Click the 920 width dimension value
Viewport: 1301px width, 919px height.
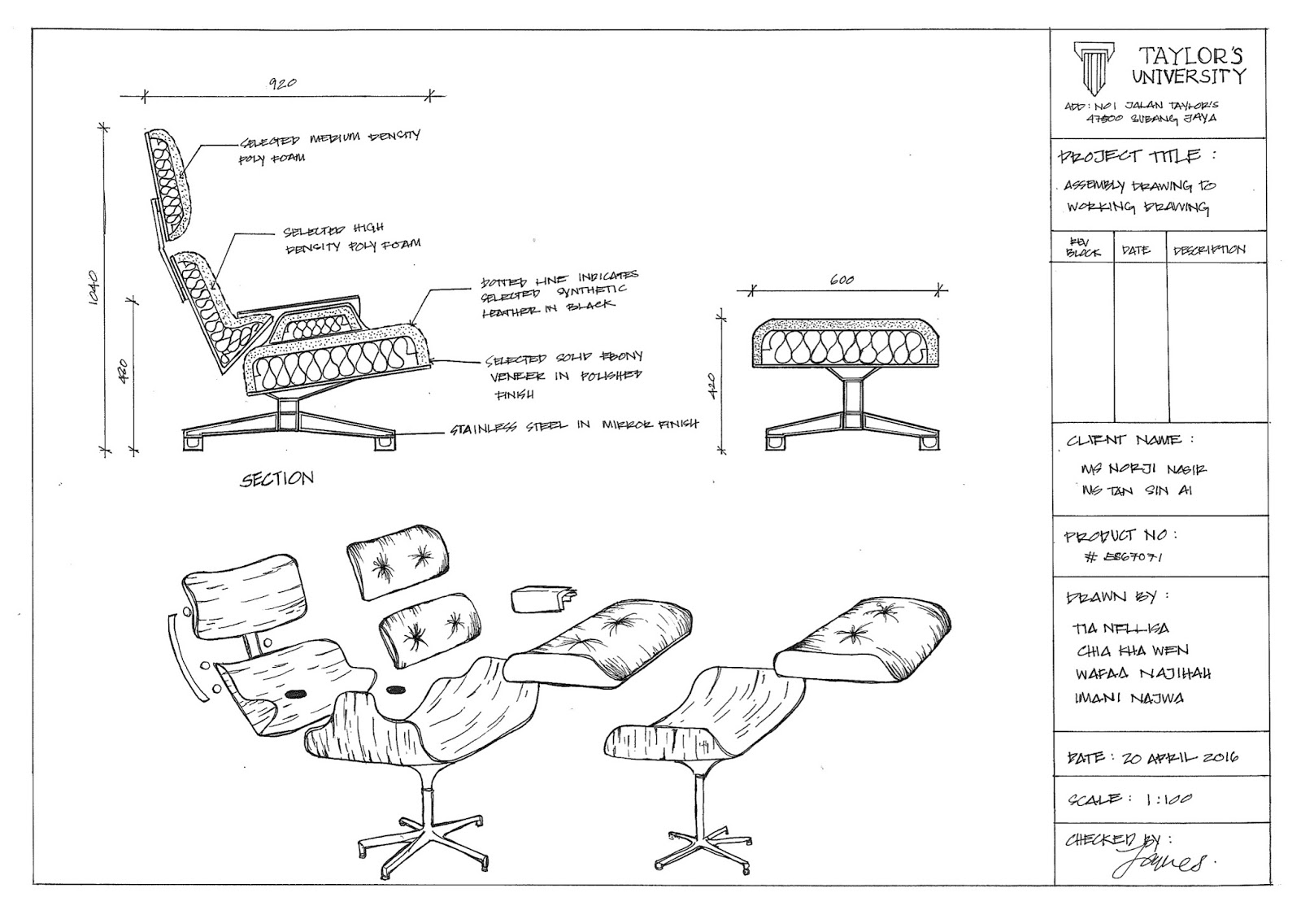282,83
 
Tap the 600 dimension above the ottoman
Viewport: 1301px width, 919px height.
842,280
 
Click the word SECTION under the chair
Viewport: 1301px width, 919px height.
276,479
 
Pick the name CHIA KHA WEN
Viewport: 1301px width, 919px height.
1132,651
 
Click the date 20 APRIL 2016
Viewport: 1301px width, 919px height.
1178,758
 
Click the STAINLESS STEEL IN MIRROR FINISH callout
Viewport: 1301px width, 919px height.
573,426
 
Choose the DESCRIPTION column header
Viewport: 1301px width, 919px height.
1208,250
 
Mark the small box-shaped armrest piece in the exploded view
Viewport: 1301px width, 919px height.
540,600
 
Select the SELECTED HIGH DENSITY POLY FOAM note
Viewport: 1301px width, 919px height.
350,238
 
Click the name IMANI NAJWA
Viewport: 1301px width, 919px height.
1129,698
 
